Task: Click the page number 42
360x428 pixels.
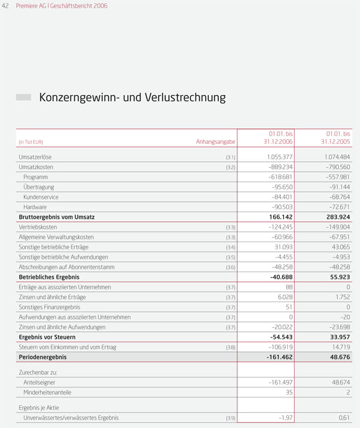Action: click(6, 6)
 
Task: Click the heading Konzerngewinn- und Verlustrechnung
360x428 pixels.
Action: click(132, 97)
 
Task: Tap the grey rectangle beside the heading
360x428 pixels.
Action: click(23, 97)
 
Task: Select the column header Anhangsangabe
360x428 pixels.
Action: click(215, 142)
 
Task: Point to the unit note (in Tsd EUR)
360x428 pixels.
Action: click(31, 142)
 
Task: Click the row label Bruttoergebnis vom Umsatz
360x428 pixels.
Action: click(56, 217)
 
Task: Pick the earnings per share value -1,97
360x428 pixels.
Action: click(284, 418)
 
